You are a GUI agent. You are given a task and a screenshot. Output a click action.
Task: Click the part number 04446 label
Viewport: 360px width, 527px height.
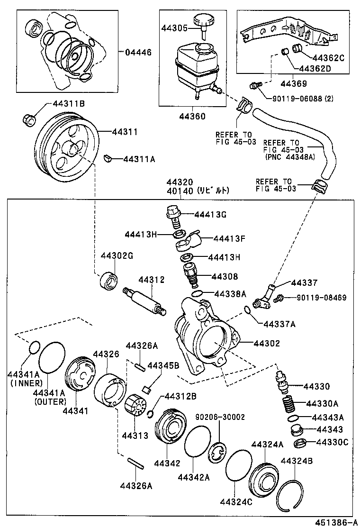coord(138,52)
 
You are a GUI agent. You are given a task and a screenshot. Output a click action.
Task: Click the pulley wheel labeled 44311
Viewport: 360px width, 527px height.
coord(66,147)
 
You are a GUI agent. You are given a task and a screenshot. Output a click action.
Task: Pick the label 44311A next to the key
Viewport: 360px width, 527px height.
coord(139,159)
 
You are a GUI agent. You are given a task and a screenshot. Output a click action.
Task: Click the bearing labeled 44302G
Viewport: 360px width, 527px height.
coord(109,281)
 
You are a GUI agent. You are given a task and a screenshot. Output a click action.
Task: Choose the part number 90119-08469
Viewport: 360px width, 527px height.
coord(322,298)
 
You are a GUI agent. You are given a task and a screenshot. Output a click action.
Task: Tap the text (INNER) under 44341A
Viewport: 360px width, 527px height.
coord(24,383)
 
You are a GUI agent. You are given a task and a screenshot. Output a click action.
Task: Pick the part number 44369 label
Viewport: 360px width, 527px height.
coord(293,84)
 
